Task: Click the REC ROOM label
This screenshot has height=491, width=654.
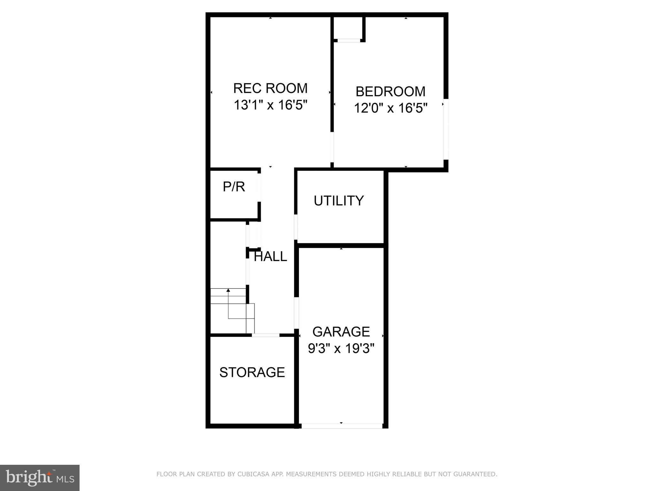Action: (270, 88)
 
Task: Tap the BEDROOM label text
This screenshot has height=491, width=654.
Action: (390, 92)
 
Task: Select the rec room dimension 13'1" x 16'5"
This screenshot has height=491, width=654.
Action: (270, 105)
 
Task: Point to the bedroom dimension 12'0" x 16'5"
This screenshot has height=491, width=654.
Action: (390, 108)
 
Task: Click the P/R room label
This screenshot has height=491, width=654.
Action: (234, 187)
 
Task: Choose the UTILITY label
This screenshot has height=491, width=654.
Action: (339, 201)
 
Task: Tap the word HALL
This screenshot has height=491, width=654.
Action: (270, 257)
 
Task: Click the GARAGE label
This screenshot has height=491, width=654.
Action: (341, 332)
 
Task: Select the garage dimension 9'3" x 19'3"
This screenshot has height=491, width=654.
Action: (341, 348)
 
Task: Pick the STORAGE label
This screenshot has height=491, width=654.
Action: (252, 372)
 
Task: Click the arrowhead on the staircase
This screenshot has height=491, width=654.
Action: (228, 290)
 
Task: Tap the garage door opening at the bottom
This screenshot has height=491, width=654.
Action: (342, 426)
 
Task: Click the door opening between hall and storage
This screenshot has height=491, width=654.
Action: (265, 335)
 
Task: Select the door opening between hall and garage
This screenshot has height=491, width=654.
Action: (296, 313)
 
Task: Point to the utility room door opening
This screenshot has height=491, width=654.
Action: (296, 227)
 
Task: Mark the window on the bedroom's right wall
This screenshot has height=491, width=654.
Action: (446, 129)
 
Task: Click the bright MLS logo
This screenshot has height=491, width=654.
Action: (40, 478)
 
